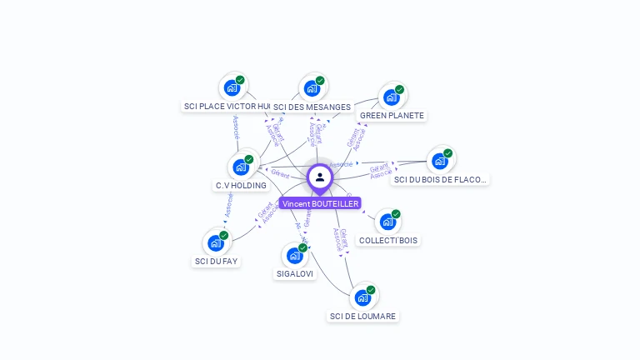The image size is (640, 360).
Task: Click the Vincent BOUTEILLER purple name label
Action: pyautogui.click(x=320, y=203)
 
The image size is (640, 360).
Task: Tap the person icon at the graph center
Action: pyautogui.click(x=320, y=177)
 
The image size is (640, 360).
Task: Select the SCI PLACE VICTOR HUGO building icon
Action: pyautogui.click(x=232, y=87)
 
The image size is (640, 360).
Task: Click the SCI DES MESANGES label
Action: pyautogui.click(x=312, y=107)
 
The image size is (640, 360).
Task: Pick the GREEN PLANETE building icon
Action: pyautogui.click(x=391, y=97)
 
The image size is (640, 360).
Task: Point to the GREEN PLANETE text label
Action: pyautogui.click(x=392, y=116)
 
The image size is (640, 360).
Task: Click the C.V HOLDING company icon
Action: pyautogui.click(x=241, y=167)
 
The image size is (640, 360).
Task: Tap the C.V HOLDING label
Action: pyautogui.click(x=241, y=185)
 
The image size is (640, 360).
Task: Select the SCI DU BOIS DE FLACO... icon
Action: pyautogui.click(x=439, y=161)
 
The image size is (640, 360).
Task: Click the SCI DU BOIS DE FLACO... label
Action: pyautogui.click(x=440, y=179)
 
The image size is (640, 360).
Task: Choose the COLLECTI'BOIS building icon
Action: pyautogui.click(x=387, y=222)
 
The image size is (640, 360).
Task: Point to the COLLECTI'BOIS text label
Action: pyautogui.click(x=388, y=240)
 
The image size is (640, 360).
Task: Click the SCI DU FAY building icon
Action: pyautogui.click(x=216, y=242)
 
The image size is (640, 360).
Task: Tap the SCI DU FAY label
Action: pyautogui.click(x=216, y=261)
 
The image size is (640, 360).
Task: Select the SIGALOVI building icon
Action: pyautogui.click(x=295, y=255)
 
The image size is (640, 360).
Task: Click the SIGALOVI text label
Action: pyautogui.click(x=295, y=273)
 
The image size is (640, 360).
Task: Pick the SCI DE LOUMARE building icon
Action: pyautogui.click(x=362, y=297)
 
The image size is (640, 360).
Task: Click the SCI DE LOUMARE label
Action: pyautogui.click(x=363, y=316)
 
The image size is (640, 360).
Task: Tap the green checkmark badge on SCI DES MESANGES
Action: pyautogui.click(x=320, y=81)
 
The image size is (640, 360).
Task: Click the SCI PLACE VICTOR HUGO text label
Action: pyautogui.click(x=227, y=107)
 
